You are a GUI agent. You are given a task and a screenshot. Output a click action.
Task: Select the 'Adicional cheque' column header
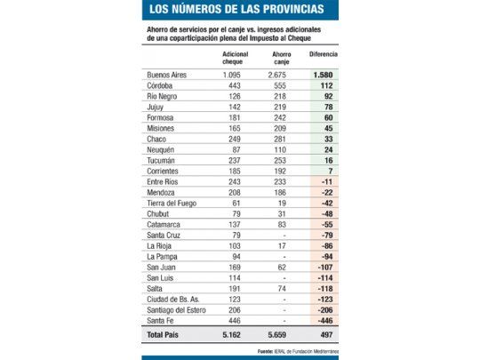pos(236,58)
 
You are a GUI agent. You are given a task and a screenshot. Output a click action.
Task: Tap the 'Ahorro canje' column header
pos(281,58)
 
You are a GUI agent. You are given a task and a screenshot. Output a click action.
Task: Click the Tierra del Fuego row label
pos(176,204)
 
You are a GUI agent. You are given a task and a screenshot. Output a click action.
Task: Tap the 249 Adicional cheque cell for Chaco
pos(235,140)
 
